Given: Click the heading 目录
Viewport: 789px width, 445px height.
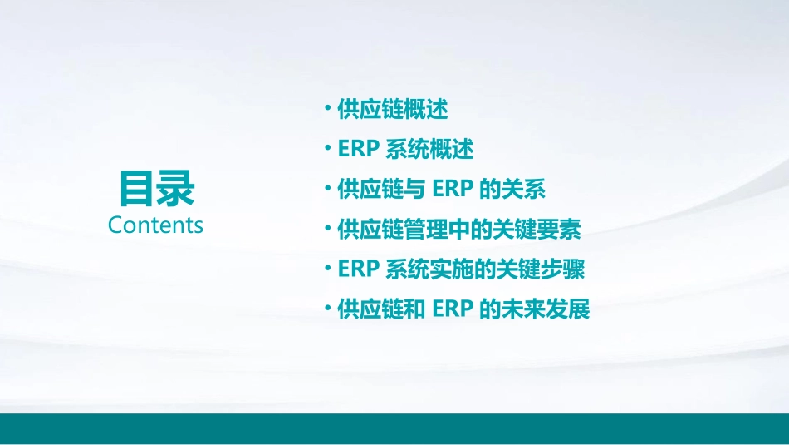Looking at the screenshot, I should [156, 188].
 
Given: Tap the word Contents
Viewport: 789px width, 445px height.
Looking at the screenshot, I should [155, 225].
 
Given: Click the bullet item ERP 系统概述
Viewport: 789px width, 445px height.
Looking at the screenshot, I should [406, 150].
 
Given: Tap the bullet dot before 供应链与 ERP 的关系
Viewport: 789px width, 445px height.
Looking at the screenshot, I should [330, 188].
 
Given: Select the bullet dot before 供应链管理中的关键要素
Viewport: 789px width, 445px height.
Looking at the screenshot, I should [330, 228].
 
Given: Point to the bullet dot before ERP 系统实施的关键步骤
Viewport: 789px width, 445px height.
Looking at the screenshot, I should [330, 268].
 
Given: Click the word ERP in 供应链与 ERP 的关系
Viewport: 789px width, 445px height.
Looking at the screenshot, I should [453, 190].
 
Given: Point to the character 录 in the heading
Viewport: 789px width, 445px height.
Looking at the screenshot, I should [175, 188].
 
